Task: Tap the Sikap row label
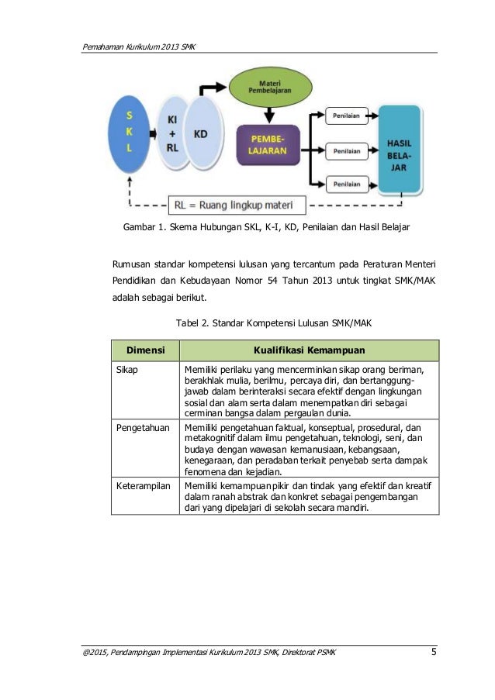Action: [127, 370]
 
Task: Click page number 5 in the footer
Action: [434, 660]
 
